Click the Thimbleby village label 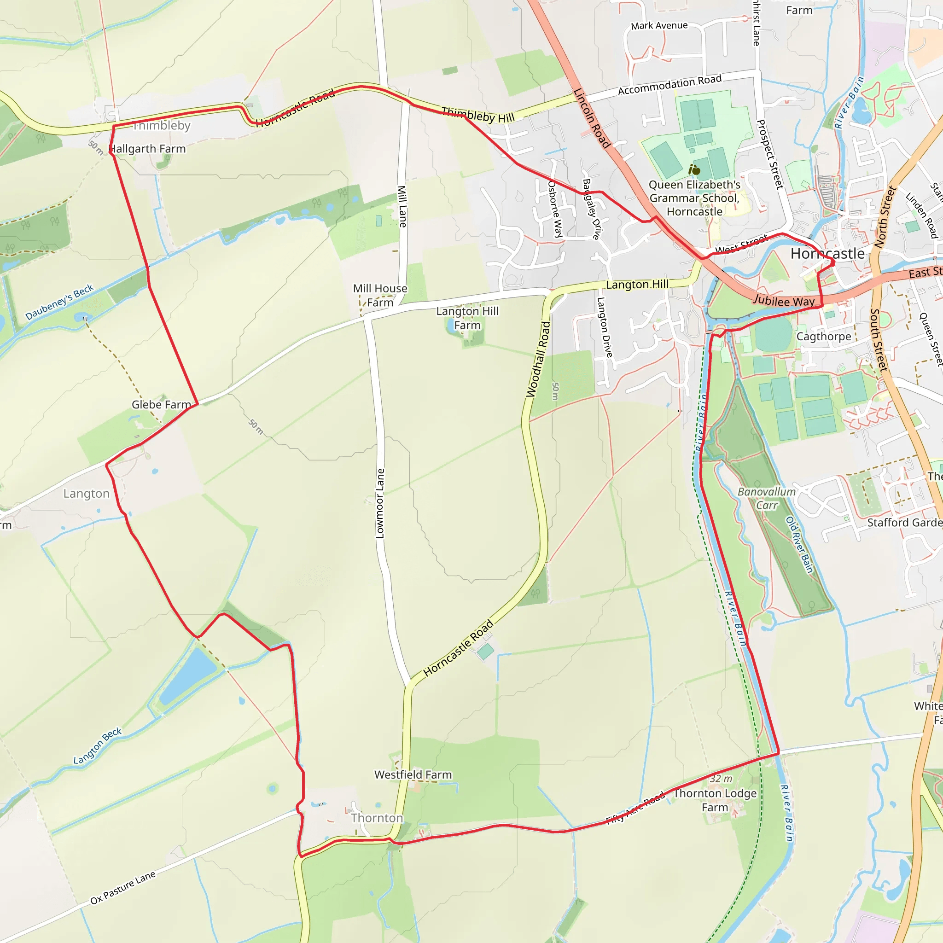click(x=162, y=126)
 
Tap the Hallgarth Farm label click(x=147, y=149)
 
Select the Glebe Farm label click(x=161, y=405)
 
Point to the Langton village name click(x=87, y=494)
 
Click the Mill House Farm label click(x=380, y=295)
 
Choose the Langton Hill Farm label click(x=467, y=318)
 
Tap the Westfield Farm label click(x=413, y=774)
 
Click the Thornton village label click(x=377, y=818)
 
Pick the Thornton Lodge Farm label click(x=715, y=800)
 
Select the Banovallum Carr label click(x=766, y=498)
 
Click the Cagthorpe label click(x=823, y=337)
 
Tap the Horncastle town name click(x=827, y=254)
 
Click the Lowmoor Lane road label click(x=380, y=504)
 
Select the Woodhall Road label click(x=538, y=359)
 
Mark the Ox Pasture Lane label click(x=123, y=887)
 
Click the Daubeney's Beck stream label click(x=59, y=302)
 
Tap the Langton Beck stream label click(x=98, y=746)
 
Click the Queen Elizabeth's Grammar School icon click(x=694, y=170)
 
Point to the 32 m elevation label click(x=721, y=779)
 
